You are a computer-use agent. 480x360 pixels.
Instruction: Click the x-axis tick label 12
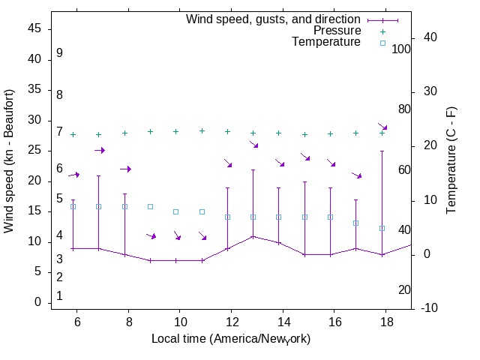231,321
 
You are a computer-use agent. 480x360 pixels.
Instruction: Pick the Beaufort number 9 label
59,53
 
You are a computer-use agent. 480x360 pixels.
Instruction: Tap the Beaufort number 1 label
59,296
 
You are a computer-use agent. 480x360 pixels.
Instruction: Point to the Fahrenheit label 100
402,49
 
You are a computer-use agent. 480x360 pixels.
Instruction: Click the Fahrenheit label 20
404,290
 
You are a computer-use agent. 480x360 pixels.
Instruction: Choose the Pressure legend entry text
337,31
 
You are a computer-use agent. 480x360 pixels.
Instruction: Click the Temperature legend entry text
326,43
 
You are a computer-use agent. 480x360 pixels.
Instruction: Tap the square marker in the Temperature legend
382,43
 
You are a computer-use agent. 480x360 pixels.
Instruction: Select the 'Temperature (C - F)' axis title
451,160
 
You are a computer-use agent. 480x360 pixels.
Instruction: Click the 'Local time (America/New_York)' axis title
231,339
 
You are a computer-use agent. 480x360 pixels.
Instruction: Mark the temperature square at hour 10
176,211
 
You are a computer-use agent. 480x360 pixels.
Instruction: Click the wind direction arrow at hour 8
125,169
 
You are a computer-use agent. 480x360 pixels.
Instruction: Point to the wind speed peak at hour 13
253,236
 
